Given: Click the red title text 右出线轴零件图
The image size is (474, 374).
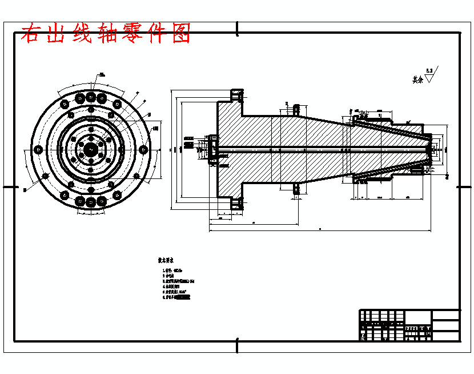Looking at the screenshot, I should click(105, 34).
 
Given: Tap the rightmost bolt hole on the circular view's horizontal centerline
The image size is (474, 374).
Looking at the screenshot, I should click(142, 150).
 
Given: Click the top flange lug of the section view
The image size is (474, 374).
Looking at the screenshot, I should click(236, 94).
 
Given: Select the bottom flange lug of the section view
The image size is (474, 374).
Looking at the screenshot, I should click(236, 203).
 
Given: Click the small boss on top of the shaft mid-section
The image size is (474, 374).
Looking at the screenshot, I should click(296, 108).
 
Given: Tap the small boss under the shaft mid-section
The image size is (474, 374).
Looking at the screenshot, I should click(296, 189).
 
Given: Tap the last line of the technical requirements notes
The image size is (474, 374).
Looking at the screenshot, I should click(177, 297).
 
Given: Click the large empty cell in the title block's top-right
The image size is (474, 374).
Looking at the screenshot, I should click(445, 316).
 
